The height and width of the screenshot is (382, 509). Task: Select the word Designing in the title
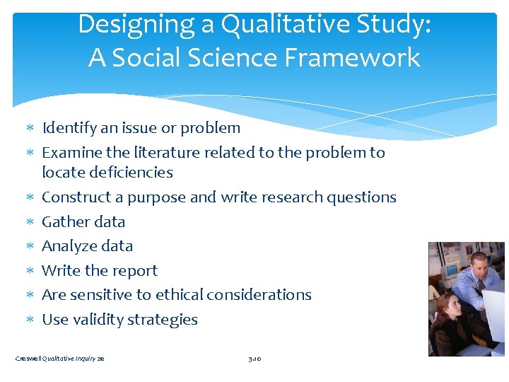pyautogui.click(x=138, y=24)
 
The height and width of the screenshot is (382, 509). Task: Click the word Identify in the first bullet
pyautogui.click(x=67, y=128)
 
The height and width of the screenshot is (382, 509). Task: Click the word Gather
pyautogui.click(x=66, y=221)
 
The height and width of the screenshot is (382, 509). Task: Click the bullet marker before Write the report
pyautogui.click(x=30, y=271)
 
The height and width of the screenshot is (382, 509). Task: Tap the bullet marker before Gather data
pyautogui.click(x=30, y=222)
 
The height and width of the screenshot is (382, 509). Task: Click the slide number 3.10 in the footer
pyautogui.click(x=255, y=359)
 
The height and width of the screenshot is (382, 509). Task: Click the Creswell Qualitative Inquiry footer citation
pyautogui.click(x=60, y=359)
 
